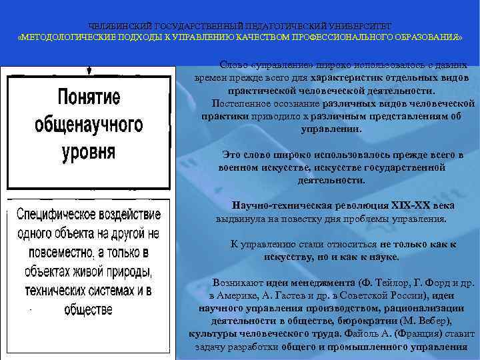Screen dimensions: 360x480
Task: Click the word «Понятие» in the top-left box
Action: click(x=89, y=97)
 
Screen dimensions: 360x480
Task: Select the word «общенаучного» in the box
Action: click(x=89, y=124)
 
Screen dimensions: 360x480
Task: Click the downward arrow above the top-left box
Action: click(x=89, y=69)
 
